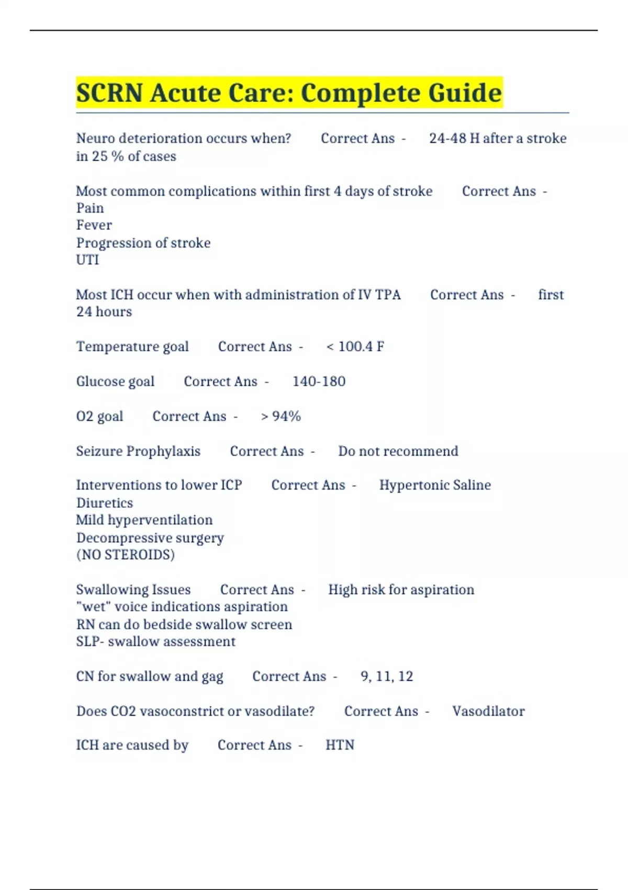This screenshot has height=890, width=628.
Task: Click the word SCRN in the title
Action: point(109,93)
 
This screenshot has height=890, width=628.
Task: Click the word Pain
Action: point(90,208)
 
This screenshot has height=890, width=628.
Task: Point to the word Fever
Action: point(94,225)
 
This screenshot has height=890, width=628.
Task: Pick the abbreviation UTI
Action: point(87,260)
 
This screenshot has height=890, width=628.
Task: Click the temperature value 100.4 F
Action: point(361,347)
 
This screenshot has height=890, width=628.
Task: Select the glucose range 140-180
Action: point(319,381)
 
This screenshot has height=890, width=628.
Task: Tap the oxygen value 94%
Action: point(286,416)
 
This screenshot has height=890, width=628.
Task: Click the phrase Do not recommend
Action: point(398,451)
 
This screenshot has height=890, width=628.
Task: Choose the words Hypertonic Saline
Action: point(435,485)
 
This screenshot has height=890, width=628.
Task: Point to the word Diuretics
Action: point(105,503)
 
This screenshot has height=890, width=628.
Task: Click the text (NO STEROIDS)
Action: point(126,555)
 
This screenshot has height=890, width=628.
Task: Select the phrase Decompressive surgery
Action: point(150,538)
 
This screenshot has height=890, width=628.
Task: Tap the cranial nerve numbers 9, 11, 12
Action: point(387,676)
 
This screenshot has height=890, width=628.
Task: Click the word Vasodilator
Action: point(488,711)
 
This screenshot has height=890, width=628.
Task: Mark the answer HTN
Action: point(340,745)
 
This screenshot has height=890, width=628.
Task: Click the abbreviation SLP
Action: point(87,642)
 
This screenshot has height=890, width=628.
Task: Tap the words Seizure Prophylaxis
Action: point(138,451)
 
